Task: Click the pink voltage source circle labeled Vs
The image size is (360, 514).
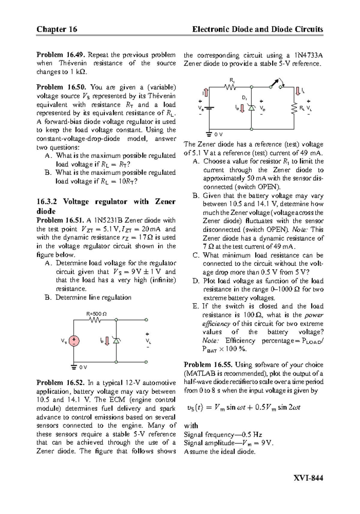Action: click(74, 341)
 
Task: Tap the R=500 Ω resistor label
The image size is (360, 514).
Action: click(96, 314)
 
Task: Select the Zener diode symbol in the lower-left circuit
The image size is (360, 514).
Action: click(116, 340)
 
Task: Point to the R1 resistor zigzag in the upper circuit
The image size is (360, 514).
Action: click(230, 87)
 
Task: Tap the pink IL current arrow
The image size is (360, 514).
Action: click(298, 91)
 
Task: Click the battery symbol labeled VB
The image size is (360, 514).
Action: click(209, 108)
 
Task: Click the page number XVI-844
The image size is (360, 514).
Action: click(309, 478)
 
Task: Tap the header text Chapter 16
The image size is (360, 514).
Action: click(57, 29)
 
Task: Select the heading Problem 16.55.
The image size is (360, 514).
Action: click(208, 365)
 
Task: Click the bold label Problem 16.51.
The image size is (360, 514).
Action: click(61, 220)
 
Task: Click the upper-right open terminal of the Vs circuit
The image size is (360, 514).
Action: click(146, 320)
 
